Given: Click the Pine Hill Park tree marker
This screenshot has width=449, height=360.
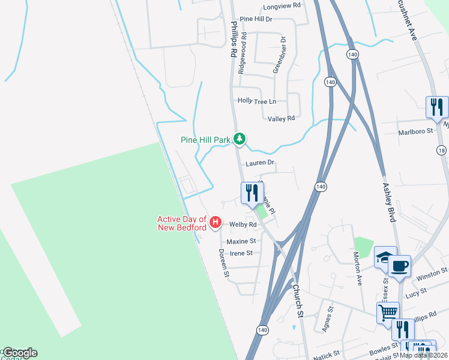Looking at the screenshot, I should coord(240,139).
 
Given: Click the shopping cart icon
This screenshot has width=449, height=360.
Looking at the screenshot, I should coord(388,311).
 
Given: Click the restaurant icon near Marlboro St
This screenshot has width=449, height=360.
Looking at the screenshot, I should coord(437,107).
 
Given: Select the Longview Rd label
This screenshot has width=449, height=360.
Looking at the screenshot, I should coord(282,7).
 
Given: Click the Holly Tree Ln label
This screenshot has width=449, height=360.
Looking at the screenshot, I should coord(257,101).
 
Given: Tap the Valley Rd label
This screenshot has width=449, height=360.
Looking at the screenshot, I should coord(281,119).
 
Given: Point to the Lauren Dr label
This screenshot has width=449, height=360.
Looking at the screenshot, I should coord(260,163).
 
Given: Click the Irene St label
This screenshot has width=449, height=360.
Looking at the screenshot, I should coord(241,253).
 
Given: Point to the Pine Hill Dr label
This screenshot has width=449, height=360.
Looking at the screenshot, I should coord(256,19).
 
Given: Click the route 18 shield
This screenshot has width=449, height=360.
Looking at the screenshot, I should coord(442,151).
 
